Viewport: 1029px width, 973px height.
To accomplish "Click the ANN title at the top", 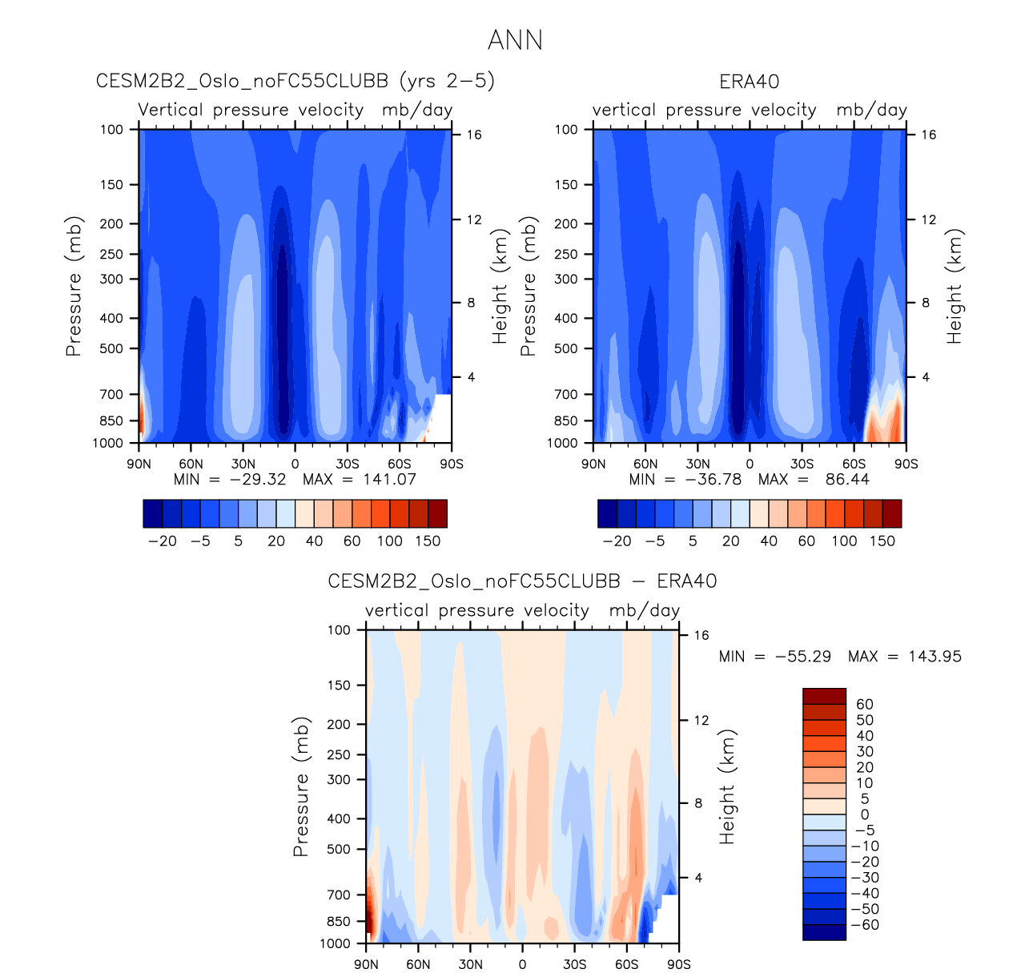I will coord(515,40).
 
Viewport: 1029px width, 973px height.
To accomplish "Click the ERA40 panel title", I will coord(749,82).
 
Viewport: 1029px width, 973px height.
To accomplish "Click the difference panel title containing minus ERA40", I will coord(522,581).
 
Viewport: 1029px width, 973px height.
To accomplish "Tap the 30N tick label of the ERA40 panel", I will coord(697,464).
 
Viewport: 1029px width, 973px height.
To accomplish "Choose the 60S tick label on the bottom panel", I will coord(627,964).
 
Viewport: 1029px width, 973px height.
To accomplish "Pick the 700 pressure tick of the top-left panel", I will coord(112,394).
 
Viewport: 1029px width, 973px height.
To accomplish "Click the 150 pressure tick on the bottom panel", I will coord(340,686).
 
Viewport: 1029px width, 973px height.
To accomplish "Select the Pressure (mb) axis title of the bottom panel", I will coord(301,787).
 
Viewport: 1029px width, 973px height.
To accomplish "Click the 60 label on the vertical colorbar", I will coord(865,705).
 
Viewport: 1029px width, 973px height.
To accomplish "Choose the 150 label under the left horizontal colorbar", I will coord(428,541).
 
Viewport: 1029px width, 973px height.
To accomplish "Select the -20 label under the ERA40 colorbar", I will coord(617,541).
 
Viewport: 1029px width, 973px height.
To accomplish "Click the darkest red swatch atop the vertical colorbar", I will coord(824,696).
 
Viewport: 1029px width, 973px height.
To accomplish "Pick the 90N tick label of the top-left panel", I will coord(139,464).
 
